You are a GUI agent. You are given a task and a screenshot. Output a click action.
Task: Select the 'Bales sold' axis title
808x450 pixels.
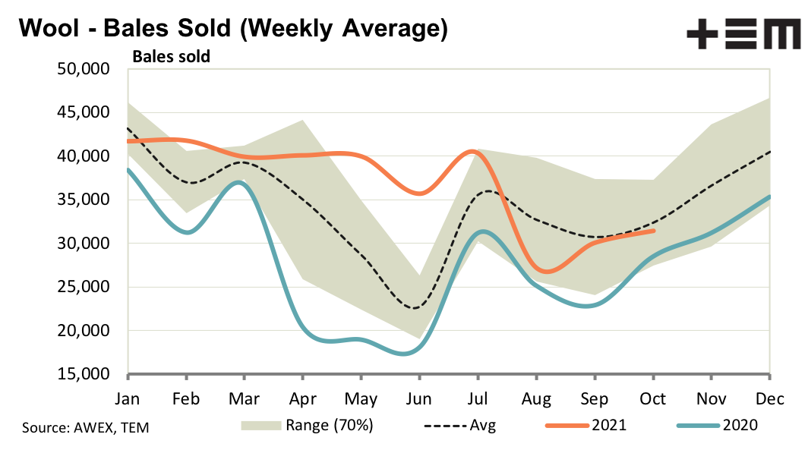click(x=172, y=56)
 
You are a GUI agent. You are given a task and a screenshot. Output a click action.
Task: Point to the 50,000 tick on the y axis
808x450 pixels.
click(x=84, y=69)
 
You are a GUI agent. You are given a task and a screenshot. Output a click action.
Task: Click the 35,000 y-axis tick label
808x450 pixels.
click(x=84, y=200)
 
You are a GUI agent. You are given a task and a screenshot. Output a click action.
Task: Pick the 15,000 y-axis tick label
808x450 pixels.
click(x=84, y=375)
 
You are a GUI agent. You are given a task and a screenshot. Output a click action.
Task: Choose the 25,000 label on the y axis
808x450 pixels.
click(x=84, y=288)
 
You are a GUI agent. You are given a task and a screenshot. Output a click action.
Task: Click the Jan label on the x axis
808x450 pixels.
click(x=128, y=398)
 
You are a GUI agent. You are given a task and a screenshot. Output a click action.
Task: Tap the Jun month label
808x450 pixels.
click(x=418, y=398)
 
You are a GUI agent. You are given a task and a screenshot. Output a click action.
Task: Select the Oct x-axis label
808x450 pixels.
click(x=653, y=398)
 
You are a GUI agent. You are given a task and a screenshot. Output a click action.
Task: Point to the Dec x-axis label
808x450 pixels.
click(x=769, y=398)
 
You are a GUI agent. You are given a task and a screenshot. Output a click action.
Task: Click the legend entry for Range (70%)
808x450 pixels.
click(x=308, y=425)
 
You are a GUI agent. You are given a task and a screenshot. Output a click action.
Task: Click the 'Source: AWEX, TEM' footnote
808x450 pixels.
click(x=86, y=427)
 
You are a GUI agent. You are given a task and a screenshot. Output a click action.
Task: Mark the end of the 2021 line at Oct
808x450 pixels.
click(x=653, y=231)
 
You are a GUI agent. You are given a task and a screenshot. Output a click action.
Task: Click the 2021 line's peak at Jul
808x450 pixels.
click(x=473, y=152)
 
